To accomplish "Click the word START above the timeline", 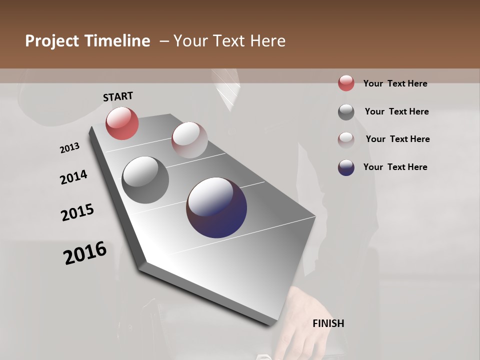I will point(118,96).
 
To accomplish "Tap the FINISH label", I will point(328,323).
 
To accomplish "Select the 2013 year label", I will point(70,148).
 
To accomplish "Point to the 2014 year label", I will point(73,177).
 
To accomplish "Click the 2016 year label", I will point(85,253).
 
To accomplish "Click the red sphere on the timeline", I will point(122,123).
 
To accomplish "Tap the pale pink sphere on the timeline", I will point(189,140).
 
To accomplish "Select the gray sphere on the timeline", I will point(145,179).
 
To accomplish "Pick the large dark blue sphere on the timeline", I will point(216,207).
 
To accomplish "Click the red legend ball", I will point(346,83).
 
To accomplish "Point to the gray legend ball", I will point(346,112).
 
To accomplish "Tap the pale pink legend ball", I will point(346,140).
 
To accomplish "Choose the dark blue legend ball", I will point(346,167).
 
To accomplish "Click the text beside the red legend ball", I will point(395,83).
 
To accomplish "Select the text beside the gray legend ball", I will point(396,111).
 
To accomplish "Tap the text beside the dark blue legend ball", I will point(395,167).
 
